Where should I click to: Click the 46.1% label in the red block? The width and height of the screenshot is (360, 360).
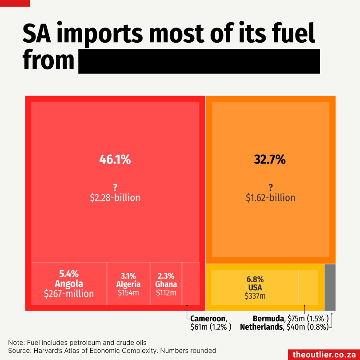point(115,159)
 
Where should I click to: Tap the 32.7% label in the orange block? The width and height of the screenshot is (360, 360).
point(269,159)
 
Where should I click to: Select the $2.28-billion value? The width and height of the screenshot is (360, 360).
point(115,197)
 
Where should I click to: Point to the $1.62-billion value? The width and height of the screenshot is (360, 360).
point(270,197)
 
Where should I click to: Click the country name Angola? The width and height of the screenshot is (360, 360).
point(69,284)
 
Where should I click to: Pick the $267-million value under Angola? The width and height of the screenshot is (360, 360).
point(69,293)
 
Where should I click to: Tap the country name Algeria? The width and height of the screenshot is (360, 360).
point(128,284)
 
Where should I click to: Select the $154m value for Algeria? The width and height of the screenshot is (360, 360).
point(128,293)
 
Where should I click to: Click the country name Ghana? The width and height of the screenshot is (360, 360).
point(166,284)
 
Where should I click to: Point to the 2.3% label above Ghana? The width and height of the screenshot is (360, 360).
point(166,276)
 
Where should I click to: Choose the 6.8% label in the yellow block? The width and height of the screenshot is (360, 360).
point(255,280)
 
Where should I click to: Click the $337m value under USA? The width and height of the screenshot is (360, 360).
point(255,296)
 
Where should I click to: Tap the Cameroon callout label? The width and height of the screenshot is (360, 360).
point(208,319)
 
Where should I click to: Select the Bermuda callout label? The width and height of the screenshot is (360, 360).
point(268,319)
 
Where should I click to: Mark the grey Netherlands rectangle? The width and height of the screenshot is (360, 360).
point(330,287)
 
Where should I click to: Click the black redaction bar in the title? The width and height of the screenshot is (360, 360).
point(199,61)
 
